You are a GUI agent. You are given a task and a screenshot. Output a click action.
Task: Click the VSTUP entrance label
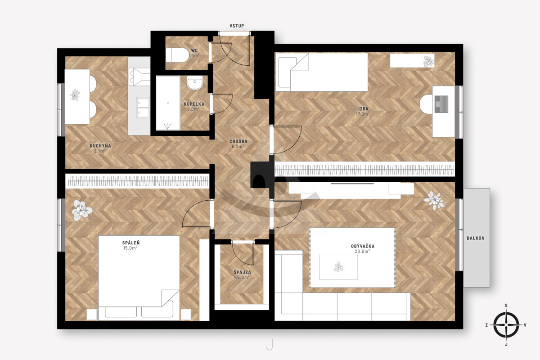click(x=237, y=26)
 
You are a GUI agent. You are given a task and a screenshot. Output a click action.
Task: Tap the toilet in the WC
click(x=177, y=55)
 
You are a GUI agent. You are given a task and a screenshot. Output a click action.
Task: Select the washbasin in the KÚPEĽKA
click(x=195, y=82)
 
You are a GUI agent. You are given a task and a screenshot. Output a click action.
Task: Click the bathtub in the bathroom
click(x=168, y=103)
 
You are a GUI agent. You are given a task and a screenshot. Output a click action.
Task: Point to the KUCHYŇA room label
click(x=100, y=146)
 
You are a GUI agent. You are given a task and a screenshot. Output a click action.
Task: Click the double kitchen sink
click(x=143, y=108)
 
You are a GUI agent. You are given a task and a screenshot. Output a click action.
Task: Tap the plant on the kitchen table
click(x=75, y=94)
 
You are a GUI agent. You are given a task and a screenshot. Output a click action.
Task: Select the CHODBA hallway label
click(x=238, y=142)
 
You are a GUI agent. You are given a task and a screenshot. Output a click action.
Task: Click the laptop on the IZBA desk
click(x=441, y=104)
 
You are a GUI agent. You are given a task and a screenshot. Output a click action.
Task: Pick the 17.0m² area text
click(x=363, y=114)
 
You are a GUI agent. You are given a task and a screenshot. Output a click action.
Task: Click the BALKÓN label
click(x=475, y=238)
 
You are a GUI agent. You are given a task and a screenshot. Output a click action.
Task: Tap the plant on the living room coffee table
click(x=338, y=267)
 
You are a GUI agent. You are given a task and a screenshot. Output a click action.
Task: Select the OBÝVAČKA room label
click(x=363, y=246)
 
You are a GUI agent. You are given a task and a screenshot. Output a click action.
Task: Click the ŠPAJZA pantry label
click(x=242, y=272)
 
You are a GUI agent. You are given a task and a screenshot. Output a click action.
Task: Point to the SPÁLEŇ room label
click(x=130, y=243)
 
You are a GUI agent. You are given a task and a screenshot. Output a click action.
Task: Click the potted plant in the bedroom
click(x=81, y=211)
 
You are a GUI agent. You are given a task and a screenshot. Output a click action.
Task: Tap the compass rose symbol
click(x=506, y=325)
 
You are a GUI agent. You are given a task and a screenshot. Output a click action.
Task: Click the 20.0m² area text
click(x=362, y=251)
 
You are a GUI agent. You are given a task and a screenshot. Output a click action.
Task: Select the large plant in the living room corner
click(x=434, y=200)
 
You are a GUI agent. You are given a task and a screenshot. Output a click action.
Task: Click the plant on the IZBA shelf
click(x=428, y=61)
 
